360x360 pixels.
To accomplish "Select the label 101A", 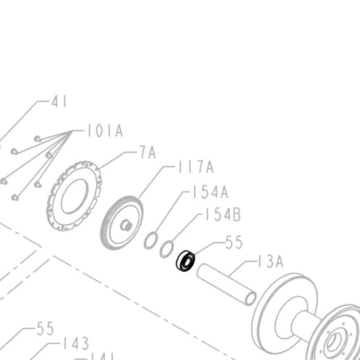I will coord(105,132).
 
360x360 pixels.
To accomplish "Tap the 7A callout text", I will coord(147,153).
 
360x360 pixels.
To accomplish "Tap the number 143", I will coord(75,344).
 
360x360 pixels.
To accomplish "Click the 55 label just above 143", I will coord(45,328).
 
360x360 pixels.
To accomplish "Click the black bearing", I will coord(186,260).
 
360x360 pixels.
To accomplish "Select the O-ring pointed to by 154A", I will coord(151,240).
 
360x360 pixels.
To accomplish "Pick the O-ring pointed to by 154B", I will coord(167,249).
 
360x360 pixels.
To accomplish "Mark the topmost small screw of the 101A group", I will coord(37,137).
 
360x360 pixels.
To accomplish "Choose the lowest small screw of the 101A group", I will coord(15,197).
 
